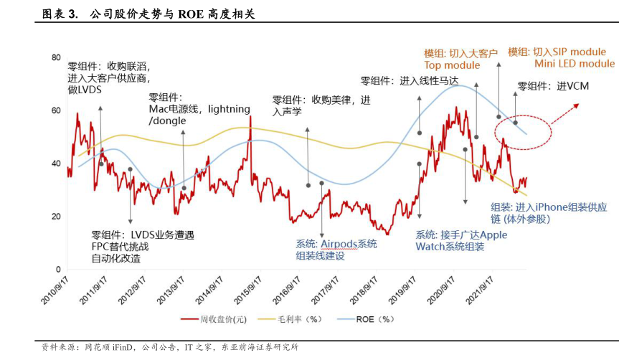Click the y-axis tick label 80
(x=55, y=57)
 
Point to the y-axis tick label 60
(x=55, y=110)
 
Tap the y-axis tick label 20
(x=55, y=217)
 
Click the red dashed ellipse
(x=523, y=131)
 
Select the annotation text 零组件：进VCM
(x=548, y=86)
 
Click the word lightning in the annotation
(x=228, y=109)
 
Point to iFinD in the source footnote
(x=118, y=347)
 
